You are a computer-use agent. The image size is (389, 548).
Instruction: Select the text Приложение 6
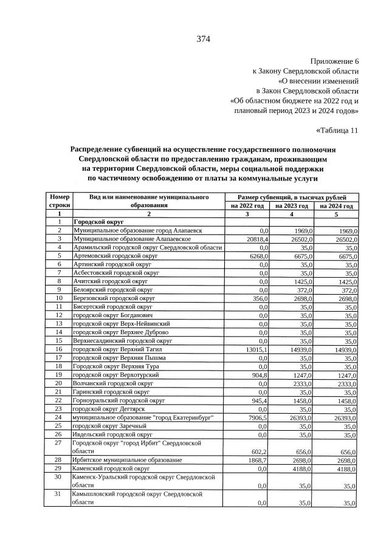334,61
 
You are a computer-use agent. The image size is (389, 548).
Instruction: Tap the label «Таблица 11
338,130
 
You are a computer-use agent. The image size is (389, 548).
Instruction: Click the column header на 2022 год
247,206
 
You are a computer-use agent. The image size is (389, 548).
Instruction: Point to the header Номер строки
60,202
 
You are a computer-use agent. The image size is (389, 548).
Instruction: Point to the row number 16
60,349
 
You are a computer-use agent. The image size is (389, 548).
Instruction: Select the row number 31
60,495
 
